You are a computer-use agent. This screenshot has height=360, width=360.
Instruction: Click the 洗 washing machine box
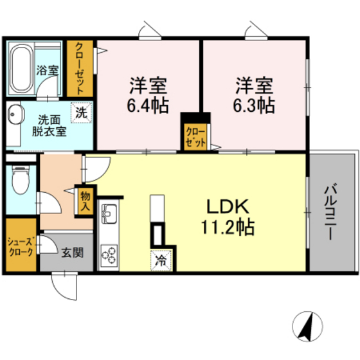[x=82, y=111]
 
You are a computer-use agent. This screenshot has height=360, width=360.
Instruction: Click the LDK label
[x=226, y=206]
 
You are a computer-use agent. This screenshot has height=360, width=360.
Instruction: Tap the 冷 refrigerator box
[x=160, y=260]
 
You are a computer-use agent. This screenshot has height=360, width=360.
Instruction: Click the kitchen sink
[x=108, y=213]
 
